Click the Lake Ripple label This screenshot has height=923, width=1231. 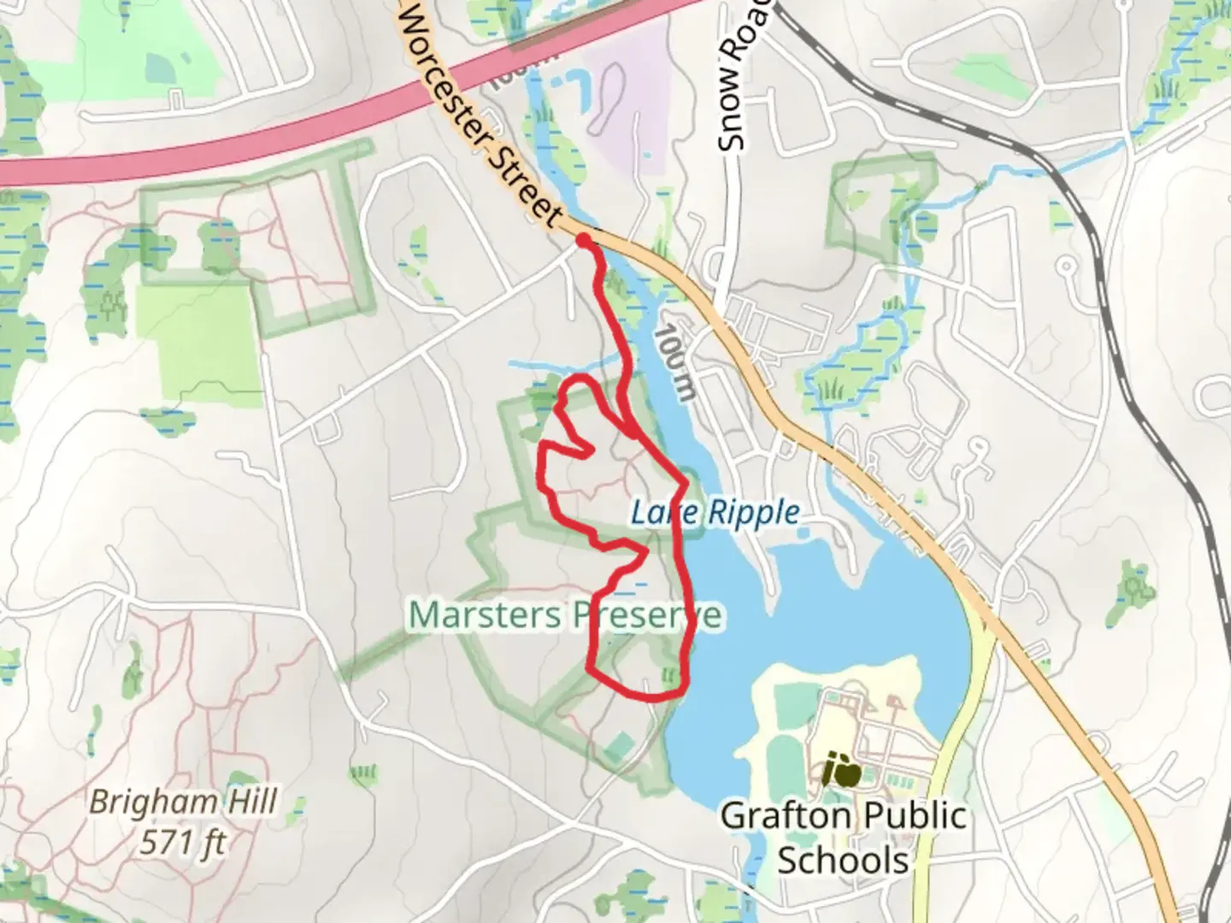click(x=716, y=513)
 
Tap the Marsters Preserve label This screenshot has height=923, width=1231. click(x=565, y=614)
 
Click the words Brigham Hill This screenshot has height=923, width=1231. click(x=184, y=802)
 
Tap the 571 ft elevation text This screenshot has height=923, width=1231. click(x=184, y=843)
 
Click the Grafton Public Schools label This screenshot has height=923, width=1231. click(x=843, y=838)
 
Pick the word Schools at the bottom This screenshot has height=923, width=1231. click(x=843, y=860)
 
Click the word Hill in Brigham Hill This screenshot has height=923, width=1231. click(x=248, y=802)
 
